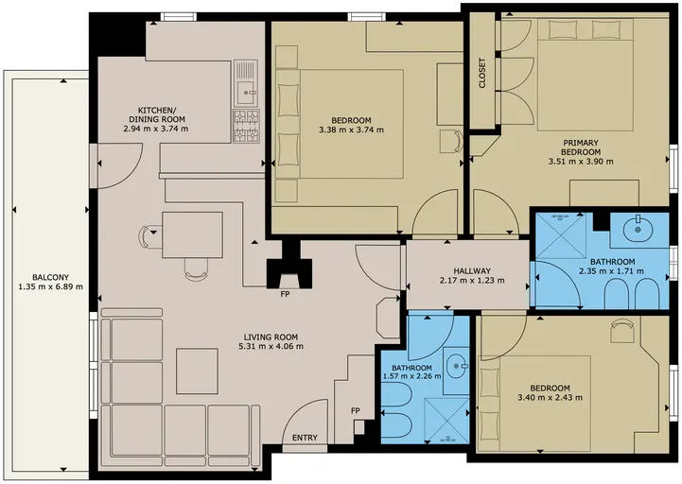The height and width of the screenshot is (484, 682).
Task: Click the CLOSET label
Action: tap(481, 73)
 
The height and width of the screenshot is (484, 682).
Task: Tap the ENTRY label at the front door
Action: tap(305, 438)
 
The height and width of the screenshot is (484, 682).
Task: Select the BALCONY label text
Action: tap(50, 277)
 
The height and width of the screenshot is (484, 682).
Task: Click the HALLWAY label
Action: tap(472, 271)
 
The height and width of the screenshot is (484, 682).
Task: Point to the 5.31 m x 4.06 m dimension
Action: tap(271, 347)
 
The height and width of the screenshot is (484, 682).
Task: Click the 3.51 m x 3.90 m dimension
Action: tap(581, 162)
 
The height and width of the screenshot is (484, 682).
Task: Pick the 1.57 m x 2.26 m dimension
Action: tap(411, 376)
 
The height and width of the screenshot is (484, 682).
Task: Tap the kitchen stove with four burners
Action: tap(246, 126)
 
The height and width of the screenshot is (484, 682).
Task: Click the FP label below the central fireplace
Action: tap(285, 294)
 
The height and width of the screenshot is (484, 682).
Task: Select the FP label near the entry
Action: tap(356, 410)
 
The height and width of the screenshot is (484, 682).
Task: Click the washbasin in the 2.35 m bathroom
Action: tap(638, 229)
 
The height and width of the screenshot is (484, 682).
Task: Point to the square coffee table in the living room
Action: tap(197, 371)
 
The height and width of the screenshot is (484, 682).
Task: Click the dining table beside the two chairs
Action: tap(192, 234)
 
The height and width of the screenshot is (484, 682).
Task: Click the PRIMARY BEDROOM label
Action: tap(581, 147)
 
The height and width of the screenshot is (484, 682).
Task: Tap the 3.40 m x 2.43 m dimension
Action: tap(551, 397)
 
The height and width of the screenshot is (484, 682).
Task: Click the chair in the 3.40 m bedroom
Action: tap(622, 331)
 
